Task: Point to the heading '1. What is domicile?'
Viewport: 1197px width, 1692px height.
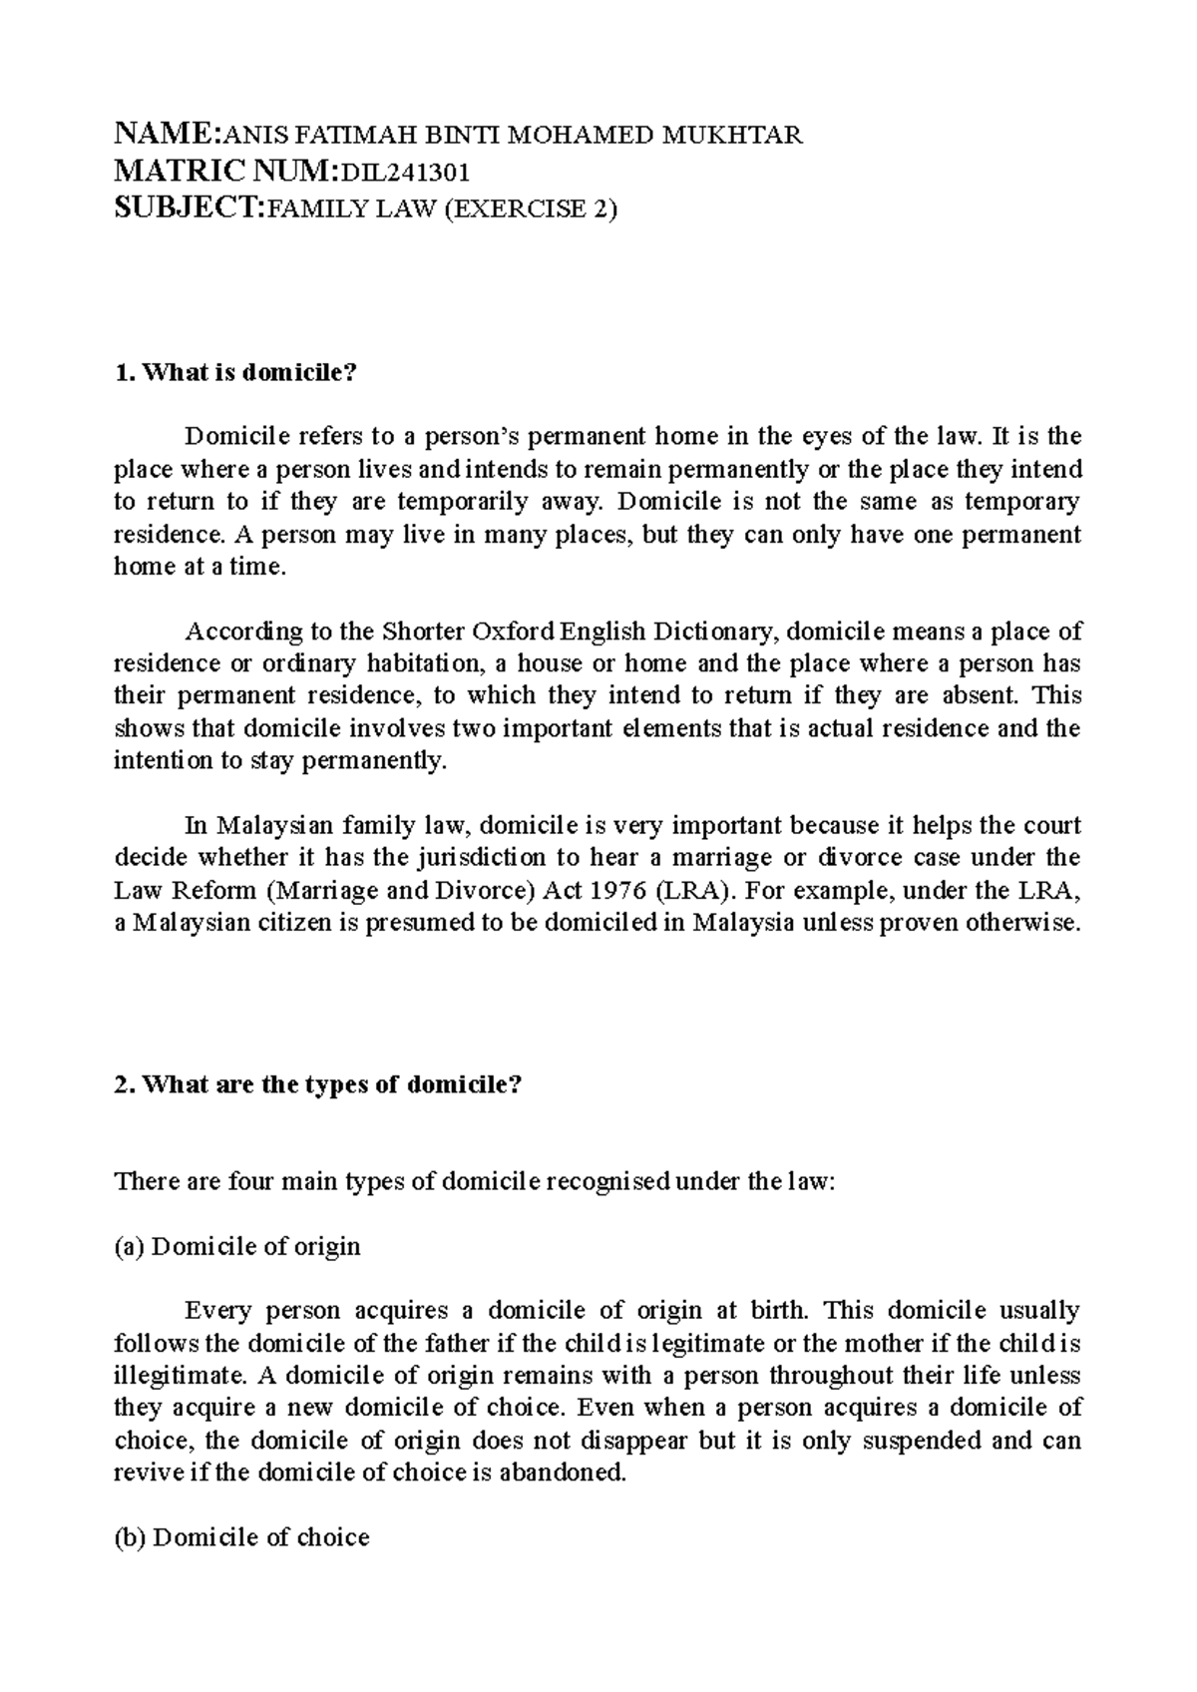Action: [x=235, y=374]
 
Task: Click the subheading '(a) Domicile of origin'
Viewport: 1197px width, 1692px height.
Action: [x=238, y=1246]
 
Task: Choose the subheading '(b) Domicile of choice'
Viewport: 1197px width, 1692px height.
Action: [x=242, y=1537]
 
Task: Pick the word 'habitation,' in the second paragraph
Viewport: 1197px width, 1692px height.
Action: [x=424, y=663]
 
